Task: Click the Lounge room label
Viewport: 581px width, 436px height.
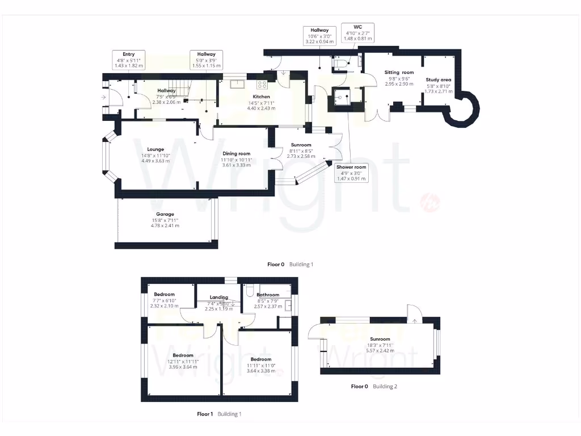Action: click(153, 149)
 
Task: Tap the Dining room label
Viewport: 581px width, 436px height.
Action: click(236, 153)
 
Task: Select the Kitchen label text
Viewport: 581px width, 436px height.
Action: click(261, 97)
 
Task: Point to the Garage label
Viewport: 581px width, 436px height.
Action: click(165, 214)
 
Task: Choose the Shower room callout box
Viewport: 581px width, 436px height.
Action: click(352, 173)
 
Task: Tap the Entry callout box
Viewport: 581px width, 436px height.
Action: click(129, 60)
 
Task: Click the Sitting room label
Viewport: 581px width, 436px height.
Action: click(399, 73)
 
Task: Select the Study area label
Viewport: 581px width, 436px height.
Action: click(439, 80)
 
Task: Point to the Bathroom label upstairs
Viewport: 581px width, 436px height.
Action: click(268, 295)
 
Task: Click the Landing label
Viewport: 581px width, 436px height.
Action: click(219, 297)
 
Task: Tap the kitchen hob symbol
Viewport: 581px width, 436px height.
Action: click(263, 85)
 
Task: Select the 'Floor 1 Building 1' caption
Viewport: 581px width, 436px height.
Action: click(219, 414)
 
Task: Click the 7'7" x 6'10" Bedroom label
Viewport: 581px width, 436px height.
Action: click(165, 294)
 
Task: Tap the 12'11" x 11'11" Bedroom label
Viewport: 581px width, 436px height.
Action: click(183, 355)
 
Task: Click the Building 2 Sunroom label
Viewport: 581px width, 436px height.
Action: click(379, 339)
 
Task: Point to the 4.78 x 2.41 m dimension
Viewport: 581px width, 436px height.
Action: click(165, 225)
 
